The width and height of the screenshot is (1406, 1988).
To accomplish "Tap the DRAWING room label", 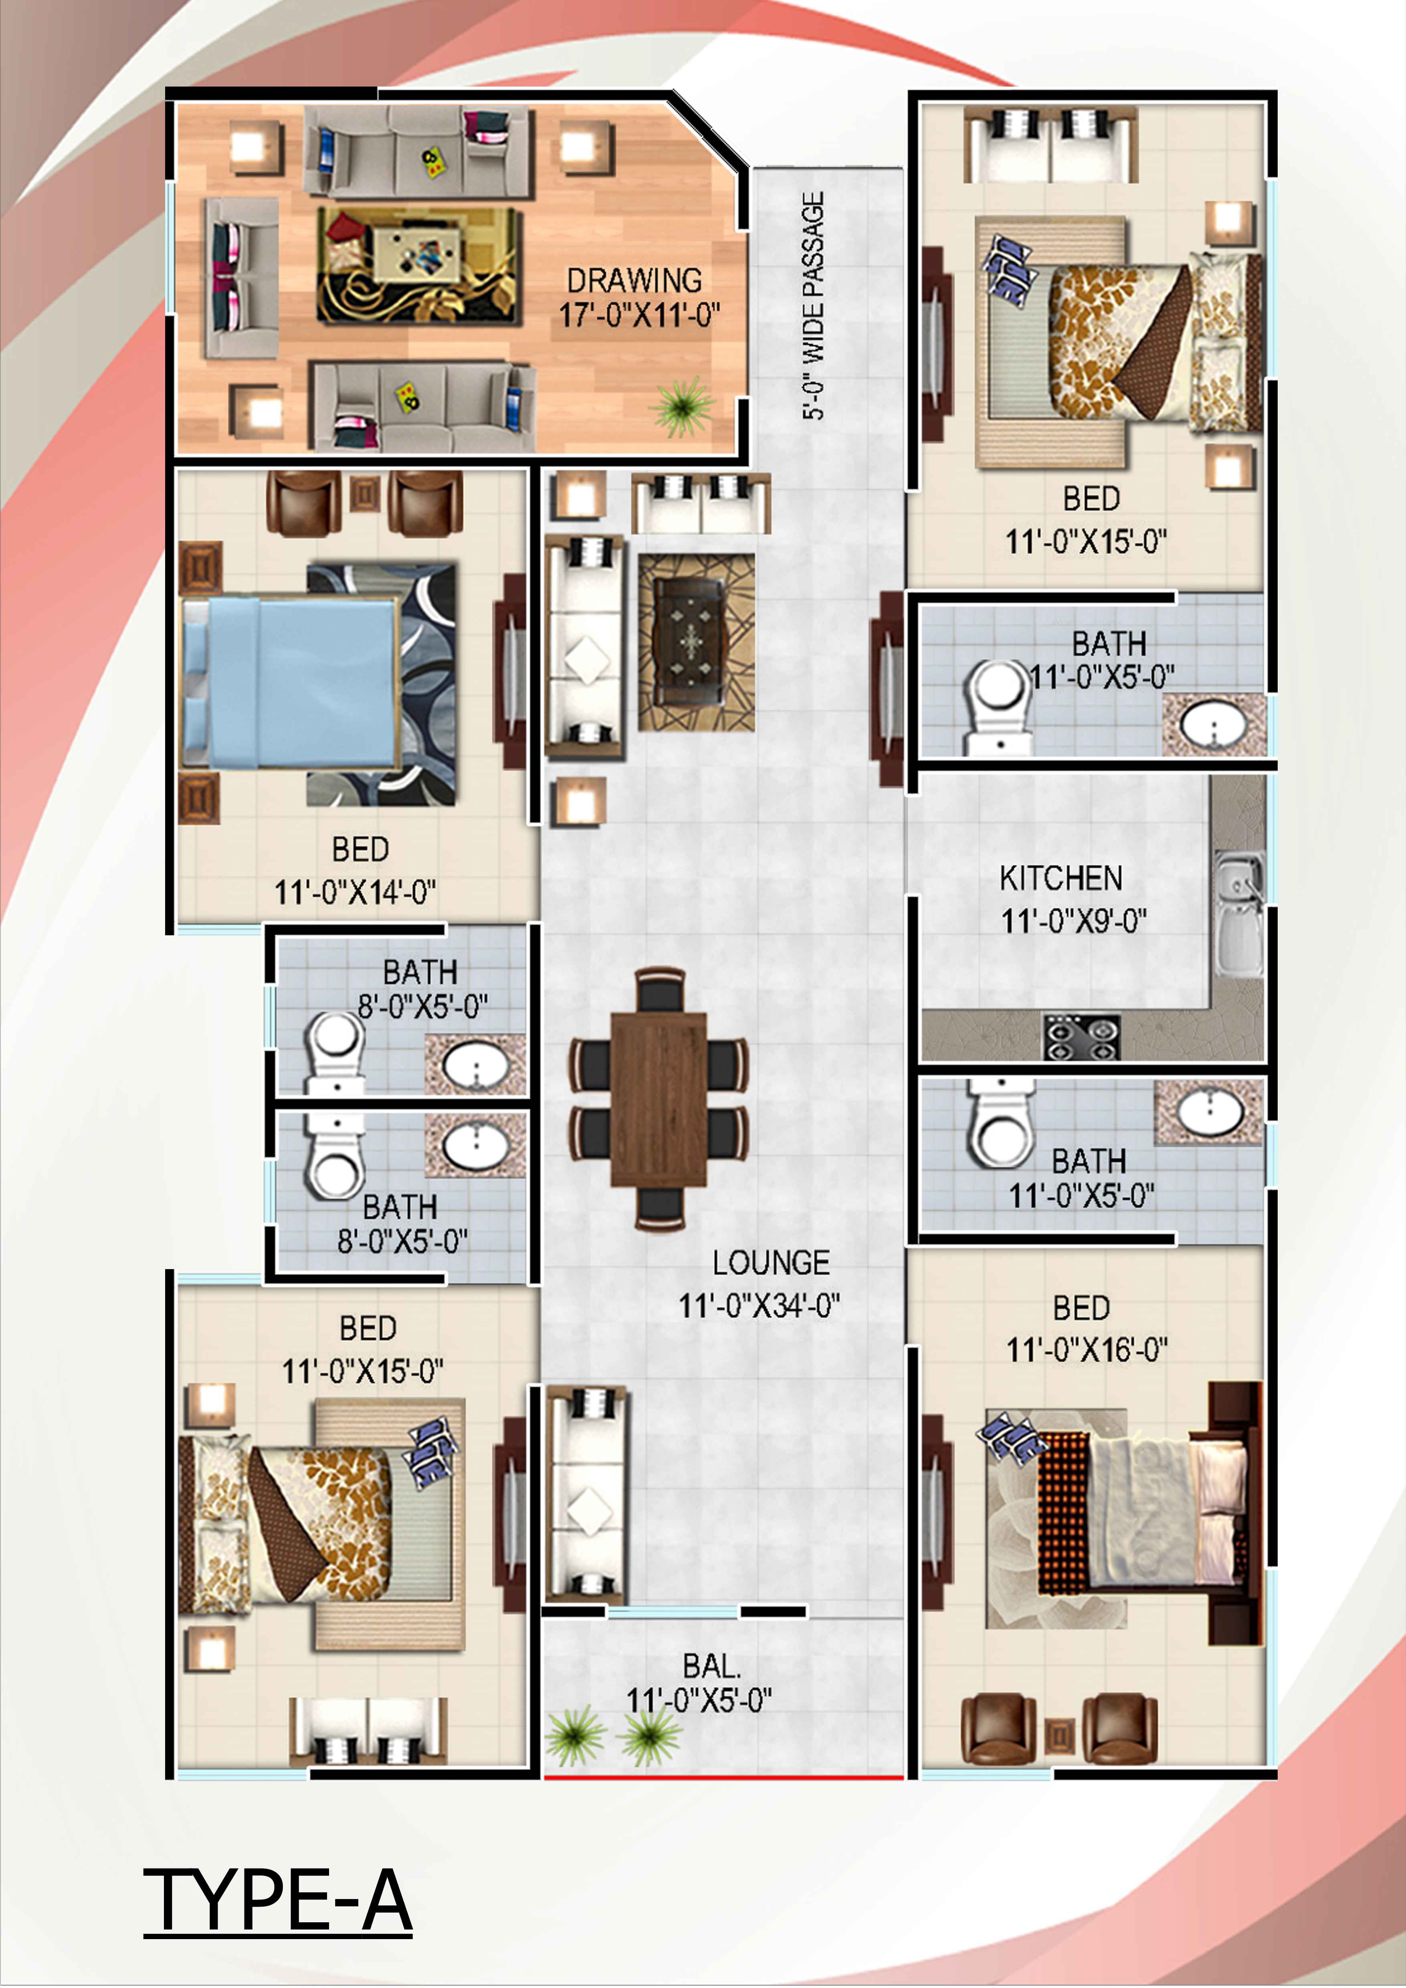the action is pyautogui.click(x=634, y=281).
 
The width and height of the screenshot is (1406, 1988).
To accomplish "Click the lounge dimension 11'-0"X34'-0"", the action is pyautogui.click(x=759, y=1306).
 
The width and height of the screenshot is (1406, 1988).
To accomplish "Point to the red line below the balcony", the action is pyautogui.click(x=724, y=1778).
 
